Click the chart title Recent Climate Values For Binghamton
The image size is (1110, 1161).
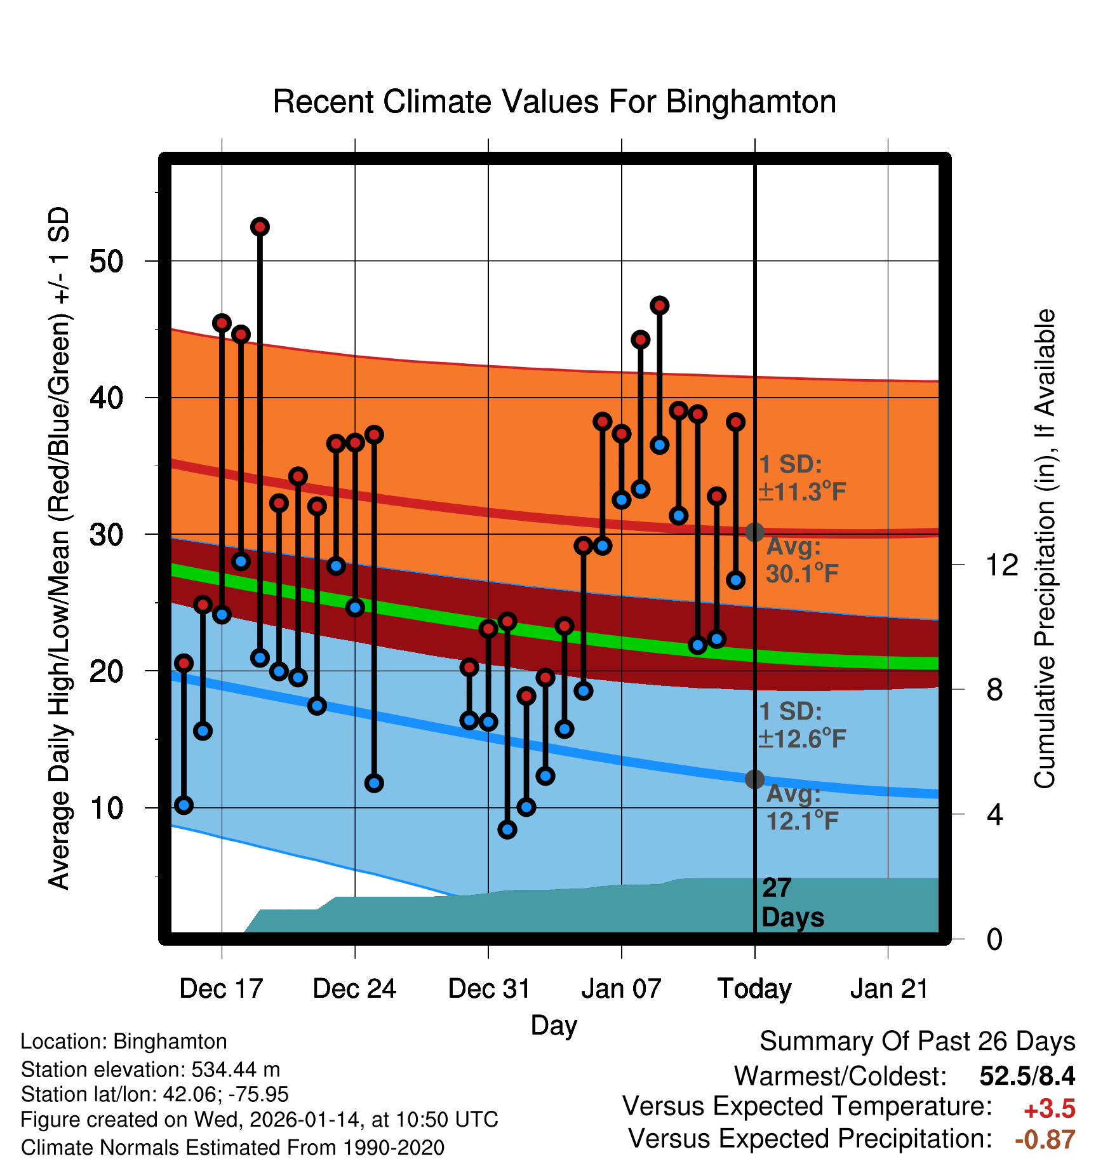point(554,102)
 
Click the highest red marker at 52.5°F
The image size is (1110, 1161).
point(260,227)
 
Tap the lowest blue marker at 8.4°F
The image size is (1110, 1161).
point(507,829)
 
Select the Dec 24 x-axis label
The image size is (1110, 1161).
point(354,989)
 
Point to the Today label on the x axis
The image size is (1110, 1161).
point(754,989)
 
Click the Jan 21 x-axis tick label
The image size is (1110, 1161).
point(889,989)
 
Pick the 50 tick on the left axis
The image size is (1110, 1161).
point(106,261)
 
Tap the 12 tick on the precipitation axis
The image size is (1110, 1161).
point(1001,565)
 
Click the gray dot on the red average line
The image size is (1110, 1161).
point(754,532)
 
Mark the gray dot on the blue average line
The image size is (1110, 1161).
point(754,779)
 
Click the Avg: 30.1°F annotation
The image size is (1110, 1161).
point(801,560)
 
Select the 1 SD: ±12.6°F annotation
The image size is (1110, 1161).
point(801,725)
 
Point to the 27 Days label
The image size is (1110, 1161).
point(791,903)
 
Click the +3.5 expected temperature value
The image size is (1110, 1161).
point(1050,1109)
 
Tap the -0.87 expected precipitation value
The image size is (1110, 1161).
point(1045,1139)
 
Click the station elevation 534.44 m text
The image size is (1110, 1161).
point(150,1070)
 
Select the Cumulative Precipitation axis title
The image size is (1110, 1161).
point(1045,549)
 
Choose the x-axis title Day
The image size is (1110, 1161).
point(554,1025)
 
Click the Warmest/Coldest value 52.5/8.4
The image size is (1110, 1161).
point(1027,1076)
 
